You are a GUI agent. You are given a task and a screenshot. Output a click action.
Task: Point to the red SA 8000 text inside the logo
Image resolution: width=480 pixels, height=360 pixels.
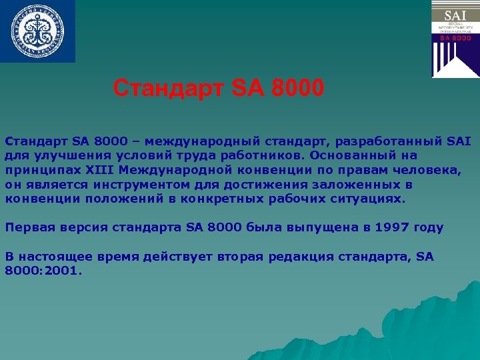click(455, 38)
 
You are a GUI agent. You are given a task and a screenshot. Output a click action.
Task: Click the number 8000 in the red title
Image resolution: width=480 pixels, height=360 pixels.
click(297, 87)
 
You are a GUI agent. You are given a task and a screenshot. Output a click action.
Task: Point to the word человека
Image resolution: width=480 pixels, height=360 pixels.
click(425, 170)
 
